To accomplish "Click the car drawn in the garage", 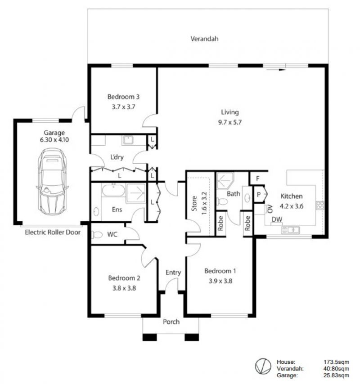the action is pyautogui.click(x=52, y=182).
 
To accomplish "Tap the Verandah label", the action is pyautogui.click(x=204, y=39).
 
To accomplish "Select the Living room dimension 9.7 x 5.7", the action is pyautogui.click(x=230, y=122).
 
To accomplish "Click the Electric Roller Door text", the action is pyautogui.click(x=53, y=232).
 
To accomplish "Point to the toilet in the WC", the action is pyautogui.click(x=97, y=235).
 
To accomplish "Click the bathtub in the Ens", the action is pyautogui.click(x=113, y=191).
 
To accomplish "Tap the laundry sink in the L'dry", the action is pyautogui.click(x=128, y=140).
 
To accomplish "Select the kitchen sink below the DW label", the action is pyautogui.click(x=290, y=230).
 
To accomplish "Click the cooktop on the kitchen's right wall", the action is pyautogui.click(x=320, y=205).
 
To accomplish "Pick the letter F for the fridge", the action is pyautogui.click(x=257, y=179).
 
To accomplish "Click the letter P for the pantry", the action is pyautogui.click(x=258, y=195).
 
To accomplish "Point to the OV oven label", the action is pyautogui.click(x=270, y=209).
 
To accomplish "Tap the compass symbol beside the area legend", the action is pyautogui.click(x=263, y=366).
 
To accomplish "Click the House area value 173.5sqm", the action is pyautogui.click(x=336, y=362).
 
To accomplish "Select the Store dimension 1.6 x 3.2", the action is pyautogui.click(x=204, y=203).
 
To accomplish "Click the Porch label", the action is pyautogui.click(x=171, y=321).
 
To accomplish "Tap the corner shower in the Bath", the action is pyautogui.click(x=225, y=181).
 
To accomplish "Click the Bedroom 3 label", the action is pyautogui.click(x=123, y=97).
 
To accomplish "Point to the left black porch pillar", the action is pyautogui.click(x=149, y=337).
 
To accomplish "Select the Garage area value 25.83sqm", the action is pyautogui.click(x=336, y=375).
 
